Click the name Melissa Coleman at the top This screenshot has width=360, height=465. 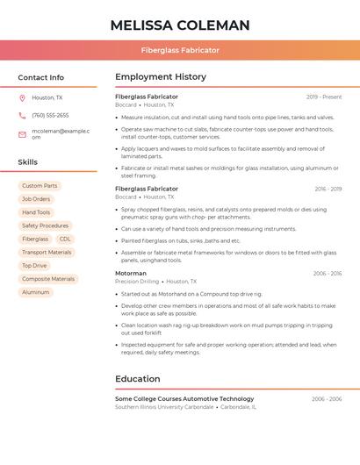click(x=180, y=25)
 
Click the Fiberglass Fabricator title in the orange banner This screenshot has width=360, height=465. click(x=180, y=50)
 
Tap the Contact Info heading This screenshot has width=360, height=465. click(x=40, y=77)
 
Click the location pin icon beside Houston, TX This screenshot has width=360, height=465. click(x=22, y=98)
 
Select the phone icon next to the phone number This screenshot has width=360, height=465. click(x=22, y=116)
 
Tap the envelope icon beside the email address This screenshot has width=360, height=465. click(x=22, y=134)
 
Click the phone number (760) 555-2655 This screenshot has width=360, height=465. click(x=50, y=116)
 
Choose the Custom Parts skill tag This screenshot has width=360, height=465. click(x=40, y=186)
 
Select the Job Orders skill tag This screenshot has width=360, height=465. click(x=36, y=199)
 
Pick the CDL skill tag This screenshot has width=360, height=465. click(x=65, y=239)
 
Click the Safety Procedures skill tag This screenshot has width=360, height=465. click(x=45, y=225)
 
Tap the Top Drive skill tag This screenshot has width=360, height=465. click(x=34, y=265)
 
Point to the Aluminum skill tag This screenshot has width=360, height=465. click(x=36, y=291)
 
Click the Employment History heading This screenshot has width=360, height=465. click(x=160, y=77)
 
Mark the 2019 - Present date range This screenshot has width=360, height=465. click(x=324, y=97)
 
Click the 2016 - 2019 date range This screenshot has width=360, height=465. click(x=328, y=189)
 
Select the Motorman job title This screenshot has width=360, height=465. click(x=131, y=273)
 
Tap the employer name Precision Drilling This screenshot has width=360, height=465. click(x=137, y=282)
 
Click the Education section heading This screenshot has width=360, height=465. click(x=137, y=379)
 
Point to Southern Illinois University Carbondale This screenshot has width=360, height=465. click(x=164, y=407)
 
